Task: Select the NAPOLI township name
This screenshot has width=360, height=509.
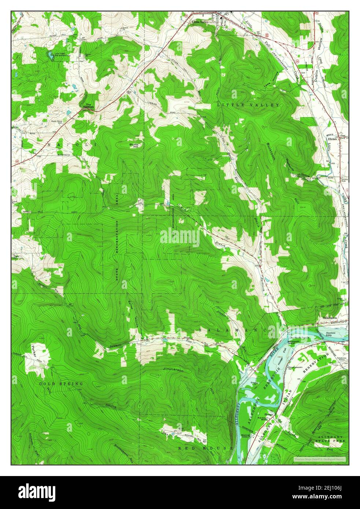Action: pos(71,145)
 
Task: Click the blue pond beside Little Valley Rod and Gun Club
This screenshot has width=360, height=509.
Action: pos(49,56)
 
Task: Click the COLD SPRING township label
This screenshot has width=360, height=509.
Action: pos(62,383)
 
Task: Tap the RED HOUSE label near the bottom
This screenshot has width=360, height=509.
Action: pos(205,448)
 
